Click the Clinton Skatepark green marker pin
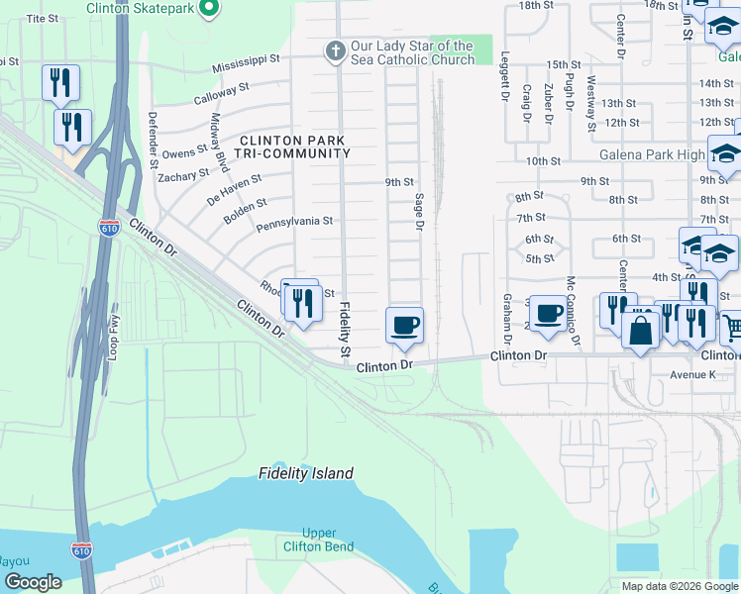click(209, 8)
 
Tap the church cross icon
click(336, 50)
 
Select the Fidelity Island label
click(306, 473)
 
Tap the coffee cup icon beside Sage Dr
click(403, 326)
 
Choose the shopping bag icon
click(641, 332)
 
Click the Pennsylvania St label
click(294, 222)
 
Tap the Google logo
click(33, 582)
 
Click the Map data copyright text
click(679, 586)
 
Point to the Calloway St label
click(221, 93)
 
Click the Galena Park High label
click(652, 155)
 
